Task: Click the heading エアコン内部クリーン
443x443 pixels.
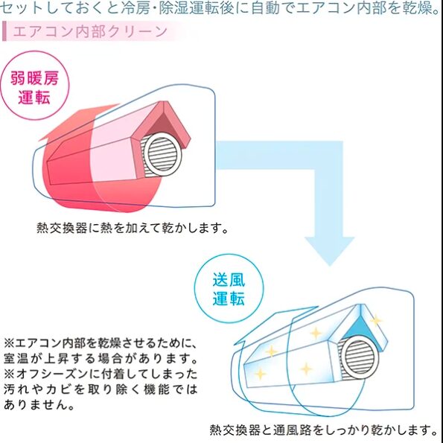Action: (x=90, y=31)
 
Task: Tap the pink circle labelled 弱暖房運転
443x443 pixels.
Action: (x=34, y=86)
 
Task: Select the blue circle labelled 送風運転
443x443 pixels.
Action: (x=229, y=288)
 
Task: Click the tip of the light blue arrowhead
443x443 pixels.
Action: (x=329, y=266)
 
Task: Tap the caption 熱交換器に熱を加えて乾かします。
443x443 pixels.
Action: (x=133, y=228)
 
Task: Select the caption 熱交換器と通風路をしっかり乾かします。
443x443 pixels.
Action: (x=324, y=430)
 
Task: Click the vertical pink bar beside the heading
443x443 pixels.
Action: (x=4, y=31)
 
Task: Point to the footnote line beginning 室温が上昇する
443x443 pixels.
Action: (x=101, y=359)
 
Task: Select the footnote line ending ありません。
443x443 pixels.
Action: (x=39, y=404)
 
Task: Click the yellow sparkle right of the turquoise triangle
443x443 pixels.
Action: (x=376, y=321)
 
